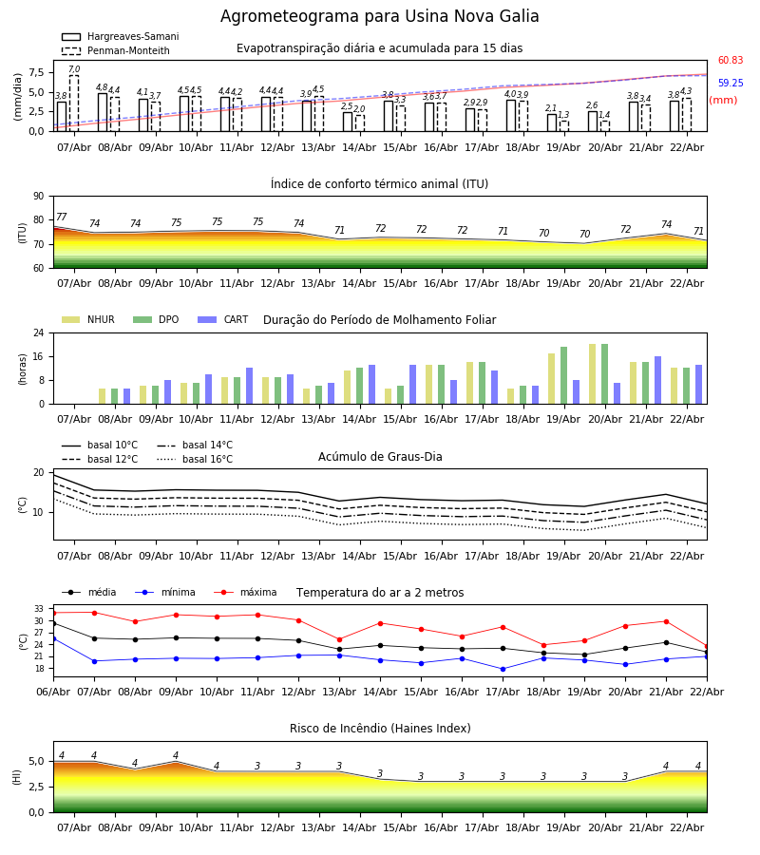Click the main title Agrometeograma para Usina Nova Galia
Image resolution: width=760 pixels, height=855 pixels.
[x=380, y=17]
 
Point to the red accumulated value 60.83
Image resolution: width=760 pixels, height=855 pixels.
[x=731, y=61]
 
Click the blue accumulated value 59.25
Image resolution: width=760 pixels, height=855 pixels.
[x=731, y=84]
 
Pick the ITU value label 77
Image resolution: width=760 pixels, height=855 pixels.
[x=62, y=218]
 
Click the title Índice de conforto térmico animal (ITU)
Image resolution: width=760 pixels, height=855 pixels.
[x=379, y=184]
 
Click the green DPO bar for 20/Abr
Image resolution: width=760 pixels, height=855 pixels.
[x=605, y=373]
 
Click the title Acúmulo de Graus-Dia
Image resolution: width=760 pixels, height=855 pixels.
[x=380, y=457]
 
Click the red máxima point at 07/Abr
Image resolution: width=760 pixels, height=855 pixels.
[x=94, y=613]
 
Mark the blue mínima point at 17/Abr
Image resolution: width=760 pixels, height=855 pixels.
[x=503, y=669]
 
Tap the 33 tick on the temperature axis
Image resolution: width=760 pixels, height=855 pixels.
[x=39, y=609]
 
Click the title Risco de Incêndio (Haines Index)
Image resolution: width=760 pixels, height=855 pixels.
[x=380, y=729]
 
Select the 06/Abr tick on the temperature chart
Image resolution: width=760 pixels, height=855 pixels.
[x=53, y=692]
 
